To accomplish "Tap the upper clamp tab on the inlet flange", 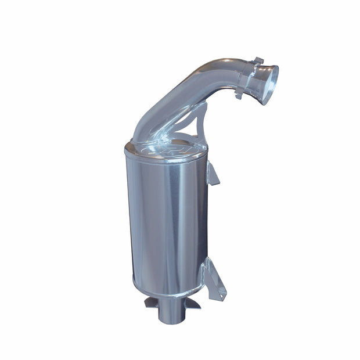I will click(x=260, y=61).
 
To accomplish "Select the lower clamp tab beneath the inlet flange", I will click(x=239, y=95).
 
